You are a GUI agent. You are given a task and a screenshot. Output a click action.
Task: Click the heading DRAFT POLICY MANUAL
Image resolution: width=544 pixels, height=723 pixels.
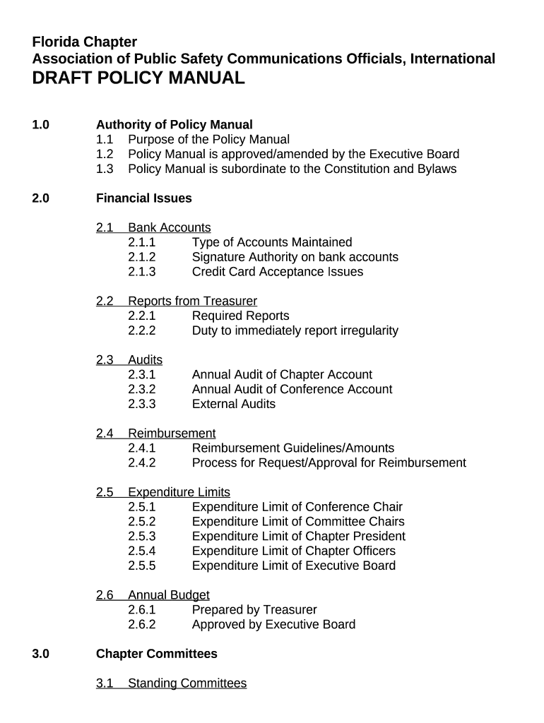point(138,78)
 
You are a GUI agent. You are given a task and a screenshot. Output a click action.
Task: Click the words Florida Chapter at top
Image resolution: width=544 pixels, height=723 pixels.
point(85,42)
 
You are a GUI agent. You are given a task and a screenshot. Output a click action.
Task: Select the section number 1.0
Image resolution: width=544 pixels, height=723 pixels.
point(41,125)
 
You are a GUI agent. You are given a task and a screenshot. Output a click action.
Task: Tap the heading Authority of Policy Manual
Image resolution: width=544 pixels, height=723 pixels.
point(174,125)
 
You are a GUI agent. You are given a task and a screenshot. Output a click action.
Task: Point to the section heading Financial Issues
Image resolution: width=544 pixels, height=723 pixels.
point(143,198)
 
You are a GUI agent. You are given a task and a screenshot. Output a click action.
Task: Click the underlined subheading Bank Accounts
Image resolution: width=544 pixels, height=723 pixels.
point(169,227)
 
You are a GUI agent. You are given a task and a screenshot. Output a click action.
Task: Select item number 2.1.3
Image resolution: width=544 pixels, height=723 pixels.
point(142,272)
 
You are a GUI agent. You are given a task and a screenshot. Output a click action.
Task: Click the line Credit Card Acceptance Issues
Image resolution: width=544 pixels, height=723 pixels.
point(277,272)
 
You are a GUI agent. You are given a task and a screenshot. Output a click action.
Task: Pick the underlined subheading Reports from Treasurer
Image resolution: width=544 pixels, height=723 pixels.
point(192,301)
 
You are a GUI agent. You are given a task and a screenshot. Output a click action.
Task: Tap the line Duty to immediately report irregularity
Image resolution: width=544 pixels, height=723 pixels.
point(295,330)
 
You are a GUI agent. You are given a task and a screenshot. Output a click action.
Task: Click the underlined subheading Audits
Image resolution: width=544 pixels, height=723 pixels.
point(145,360)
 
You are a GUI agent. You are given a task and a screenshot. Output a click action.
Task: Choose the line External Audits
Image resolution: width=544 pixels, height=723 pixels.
point(233,404)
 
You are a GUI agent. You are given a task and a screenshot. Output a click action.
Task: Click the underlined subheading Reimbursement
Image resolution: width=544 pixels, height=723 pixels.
point(172,434)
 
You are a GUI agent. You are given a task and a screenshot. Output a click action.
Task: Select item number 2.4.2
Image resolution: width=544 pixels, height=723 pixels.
point(142,463)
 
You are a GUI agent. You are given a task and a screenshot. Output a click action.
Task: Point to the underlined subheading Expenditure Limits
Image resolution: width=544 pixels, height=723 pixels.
point(179,492)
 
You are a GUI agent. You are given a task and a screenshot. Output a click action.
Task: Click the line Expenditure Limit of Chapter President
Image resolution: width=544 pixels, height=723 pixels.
point(298,537)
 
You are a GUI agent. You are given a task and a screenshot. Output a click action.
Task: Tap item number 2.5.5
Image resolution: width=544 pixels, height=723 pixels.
point(142,566)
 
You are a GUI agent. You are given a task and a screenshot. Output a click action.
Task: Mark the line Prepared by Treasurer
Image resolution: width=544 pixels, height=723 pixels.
point(254,610)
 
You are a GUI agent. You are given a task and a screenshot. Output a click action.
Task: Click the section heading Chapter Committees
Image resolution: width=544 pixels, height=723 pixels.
point(156,654)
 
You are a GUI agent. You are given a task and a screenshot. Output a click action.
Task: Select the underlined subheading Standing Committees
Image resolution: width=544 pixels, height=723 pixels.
point(187,683)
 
